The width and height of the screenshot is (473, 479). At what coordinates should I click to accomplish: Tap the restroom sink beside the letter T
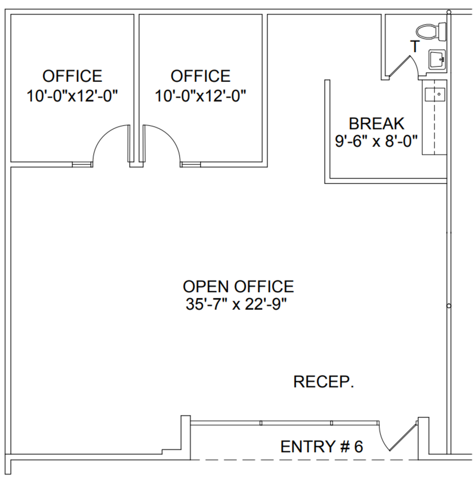click(x=437, y=60)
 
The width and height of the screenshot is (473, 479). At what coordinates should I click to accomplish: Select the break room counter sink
click(x=435, y=95)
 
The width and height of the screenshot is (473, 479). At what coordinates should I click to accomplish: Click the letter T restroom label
click(x=415, y=47)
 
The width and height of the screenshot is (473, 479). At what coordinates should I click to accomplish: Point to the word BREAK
click(x=377, y=124)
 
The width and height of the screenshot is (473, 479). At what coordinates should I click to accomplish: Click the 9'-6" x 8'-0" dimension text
click(x=376, y=141)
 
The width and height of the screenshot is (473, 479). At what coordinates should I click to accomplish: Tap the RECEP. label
click(x=324, y=382)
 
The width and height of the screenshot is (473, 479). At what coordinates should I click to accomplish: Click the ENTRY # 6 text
click(x=322, y=446)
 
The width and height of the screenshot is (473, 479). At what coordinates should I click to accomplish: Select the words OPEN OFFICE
click(x=238, y=287)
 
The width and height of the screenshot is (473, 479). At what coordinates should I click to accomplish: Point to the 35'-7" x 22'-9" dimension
click(x=236, y=304)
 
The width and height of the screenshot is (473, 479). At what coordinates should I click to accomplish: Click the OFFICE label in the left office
click(x=72, y=76)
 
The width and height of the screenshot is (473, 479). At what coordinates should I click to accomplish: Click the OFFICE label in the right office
click(x=200, y=76)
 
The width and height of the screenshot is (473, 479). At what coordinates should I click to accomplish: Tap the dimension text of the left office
click(x=72, y=96)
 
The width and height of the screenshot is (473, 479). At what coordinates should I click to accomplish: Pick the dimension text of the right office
click(x=200, y=96)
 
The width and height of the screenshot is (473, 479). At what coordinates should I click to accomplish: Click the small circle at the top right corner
click(x=448, y=12)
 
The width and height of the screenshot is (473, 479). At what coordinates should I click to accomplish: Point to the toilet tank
click(x=442, y=32)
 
